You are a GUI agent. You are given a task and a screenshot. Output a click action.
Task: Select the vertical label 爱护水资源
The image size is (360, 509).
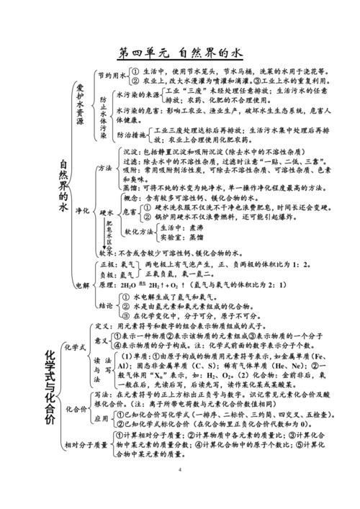point(81,104)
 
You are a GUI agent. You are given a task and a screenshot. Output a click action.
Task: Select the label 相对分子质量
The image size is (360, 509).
point(85,441)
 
